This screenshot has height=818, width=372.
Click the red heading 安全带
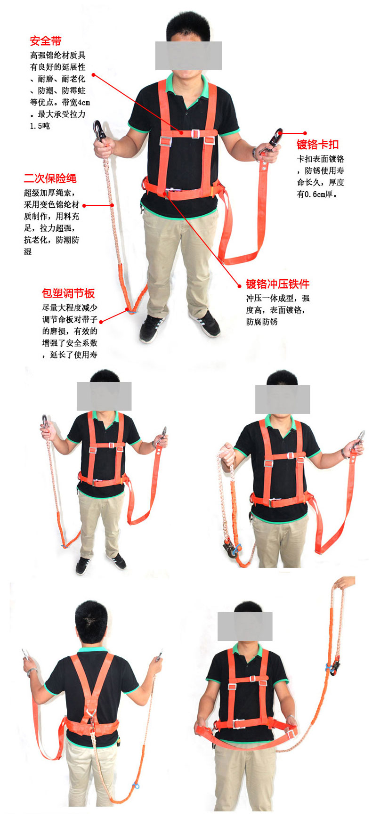click(x=46, y=41)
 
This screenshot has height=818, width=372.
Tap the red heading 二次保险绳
click(x=50, y=178)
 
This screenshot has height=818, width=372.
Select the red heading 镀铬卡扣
click(x=317, y=145)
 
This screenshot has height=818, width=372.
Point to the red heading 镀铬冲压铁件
click(x=278, y=284)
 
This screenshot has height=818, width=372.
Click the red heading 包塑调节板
click(x=68, y=293)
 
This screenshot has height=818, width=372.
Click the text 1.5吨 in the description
click(x=40, y=126)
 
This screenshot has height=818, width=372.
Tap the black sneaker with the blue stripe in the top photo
click(x=152, y=328)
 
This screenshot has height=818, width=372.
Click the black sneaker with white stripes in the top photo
click(x=204, y=324)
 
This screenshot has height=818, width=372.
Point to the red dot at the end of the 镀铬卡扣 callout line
click(x=305, y=133)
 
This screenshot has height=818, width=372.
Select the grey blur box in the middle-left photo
click(x=104, y=396)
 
